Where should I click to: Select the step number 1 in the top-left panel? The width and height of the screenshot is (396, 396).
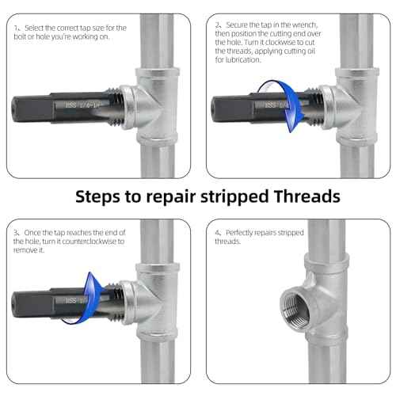tap(17, 28)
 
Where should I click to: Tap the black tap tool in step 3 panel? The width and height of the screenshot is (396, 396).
tap(48, 301)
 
